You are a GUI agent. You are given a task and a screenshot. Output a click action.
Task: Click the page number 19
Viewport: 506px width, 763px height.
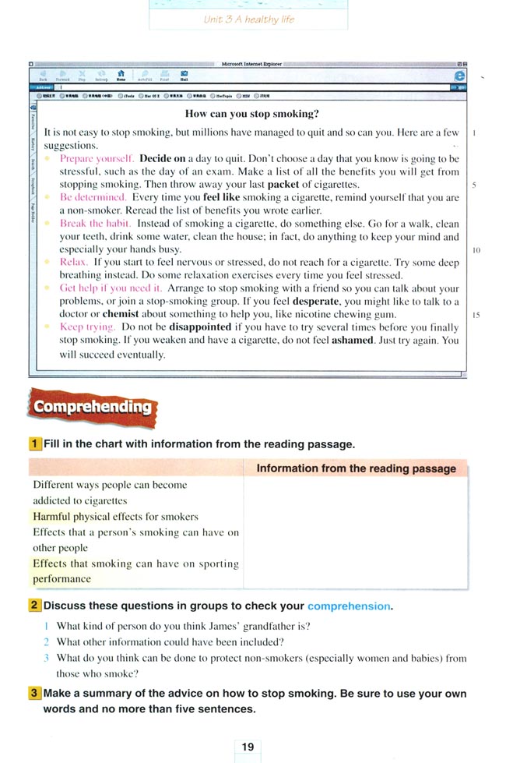click(248, 747)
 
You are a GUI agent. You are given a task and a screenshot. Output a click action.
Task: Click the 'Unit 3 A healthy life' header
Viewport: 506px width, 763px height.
click(248, 19)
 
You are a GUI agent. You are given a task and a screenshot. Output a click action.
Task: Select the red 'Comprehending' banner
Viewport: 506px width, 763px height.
click(92, 407)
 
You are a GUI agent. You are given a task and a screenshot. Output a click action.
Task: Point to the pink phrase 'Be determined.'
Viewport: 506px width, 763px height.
click(93, 198)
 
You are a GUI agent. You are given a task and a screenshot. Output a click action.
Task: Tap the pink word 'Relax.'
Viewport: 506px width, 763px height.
click(74, 263)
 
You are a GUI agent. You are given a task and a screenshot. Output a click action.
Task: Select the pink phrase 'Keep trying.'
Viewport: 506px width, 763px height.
click(88, 327)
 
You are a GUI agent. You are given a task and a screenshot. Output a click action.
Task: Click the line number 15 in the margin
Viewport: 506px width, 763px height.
click(474, 314)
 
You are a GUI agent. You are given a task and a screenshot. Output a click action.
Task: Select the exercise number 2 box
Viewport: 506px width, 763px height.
click(35, 606)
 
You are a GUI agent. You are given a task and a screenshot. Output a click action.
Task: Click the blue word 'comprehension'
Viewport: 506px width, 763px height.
click(349, 606)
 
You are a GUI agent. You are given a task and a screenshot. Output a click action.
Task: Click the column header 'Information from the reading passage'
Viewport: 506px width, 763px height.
click(356, 468)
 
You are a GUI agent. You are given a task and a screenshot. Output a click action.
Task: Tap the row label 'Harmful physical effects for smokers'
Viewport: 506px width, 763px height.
click(115, 516)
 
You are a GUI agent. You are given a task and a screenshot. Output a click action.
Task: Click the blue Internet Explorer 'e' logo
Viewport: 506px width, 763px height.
click(459, 76)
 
